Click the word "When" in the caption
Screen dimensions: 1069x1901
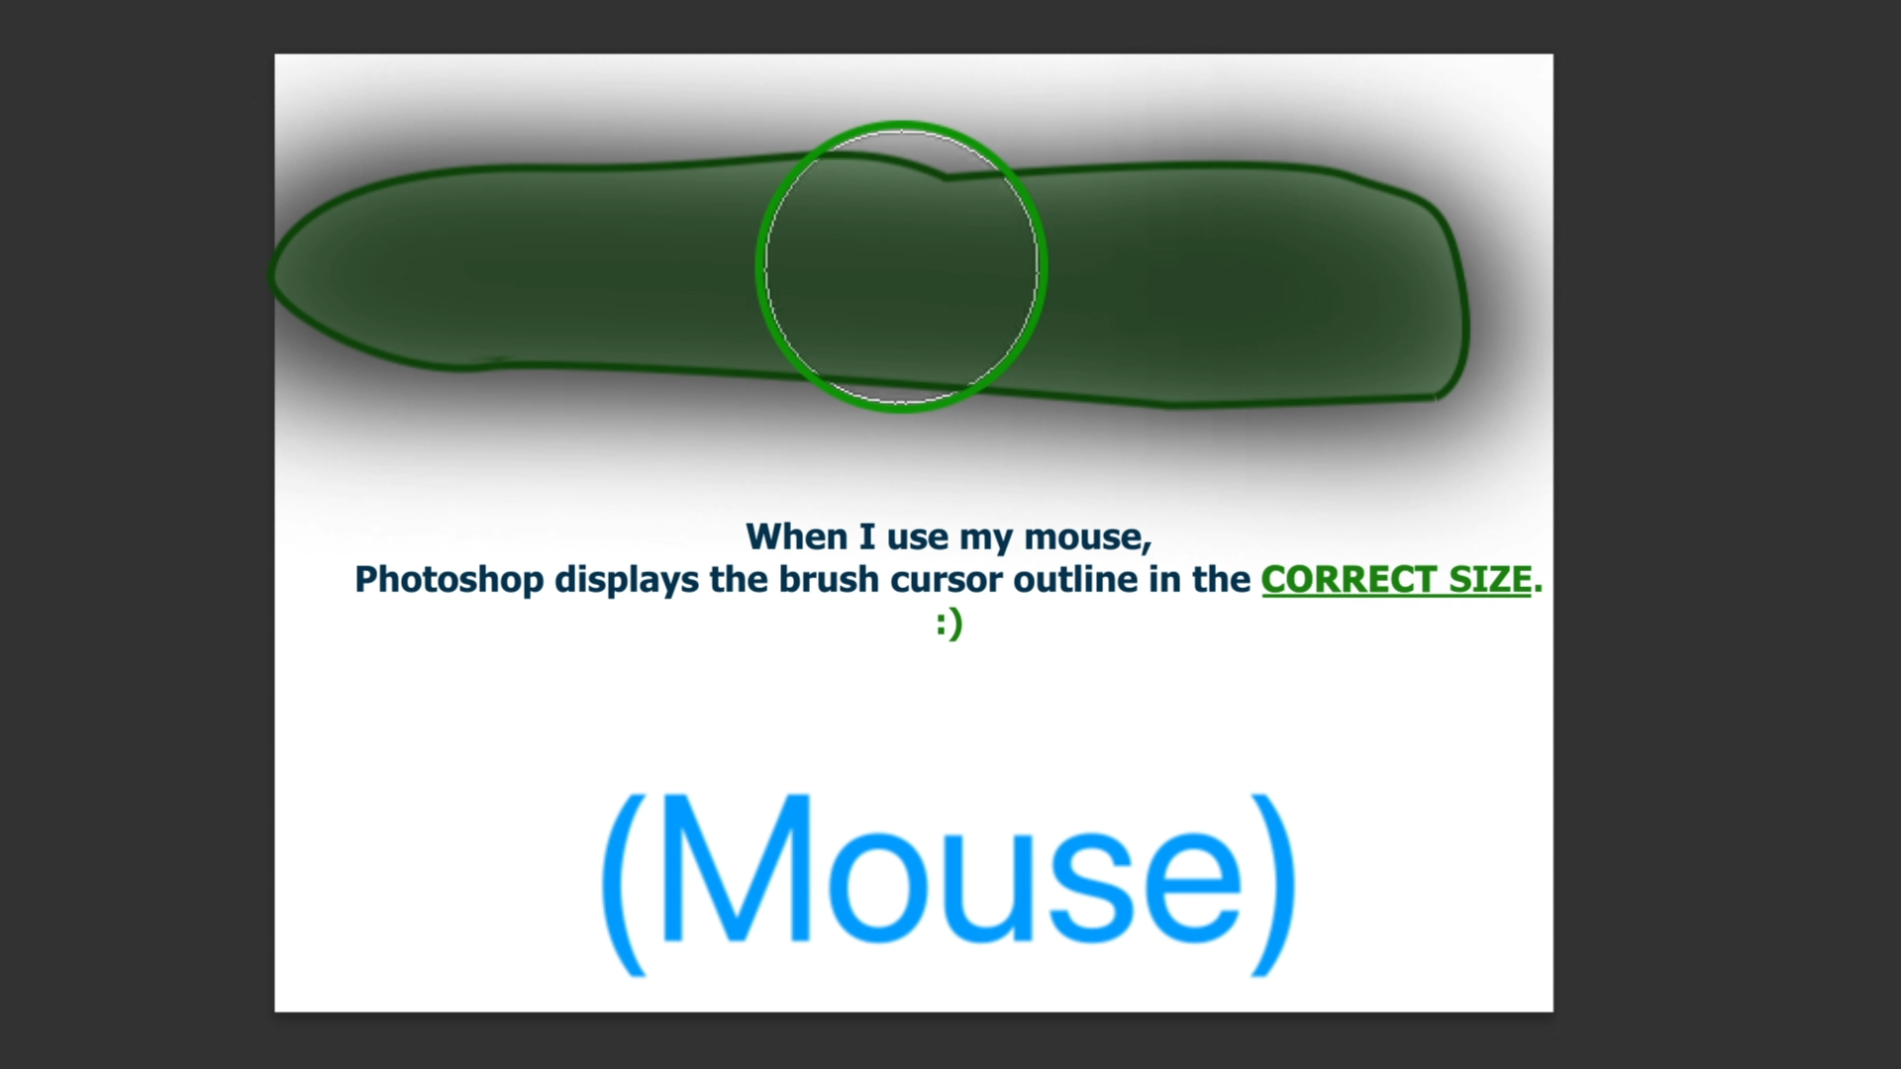[796, 536]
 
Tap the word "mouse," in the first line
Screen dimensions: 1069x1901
[1087, 537]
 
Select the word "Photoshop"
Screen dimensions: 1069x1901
[449, 580]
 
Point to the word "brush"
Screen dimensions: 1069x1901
[829, 579]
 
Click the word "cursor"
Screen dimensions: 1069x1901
[948, 580]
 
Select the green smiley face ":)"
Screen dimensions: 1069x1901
[949, 624]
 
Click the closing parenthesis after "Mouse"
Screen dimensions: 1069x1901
[1274, 884]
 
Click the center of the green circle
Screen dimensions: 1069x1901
[901, 266]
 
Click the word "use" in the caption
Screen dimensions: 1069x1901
[917, 537]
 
